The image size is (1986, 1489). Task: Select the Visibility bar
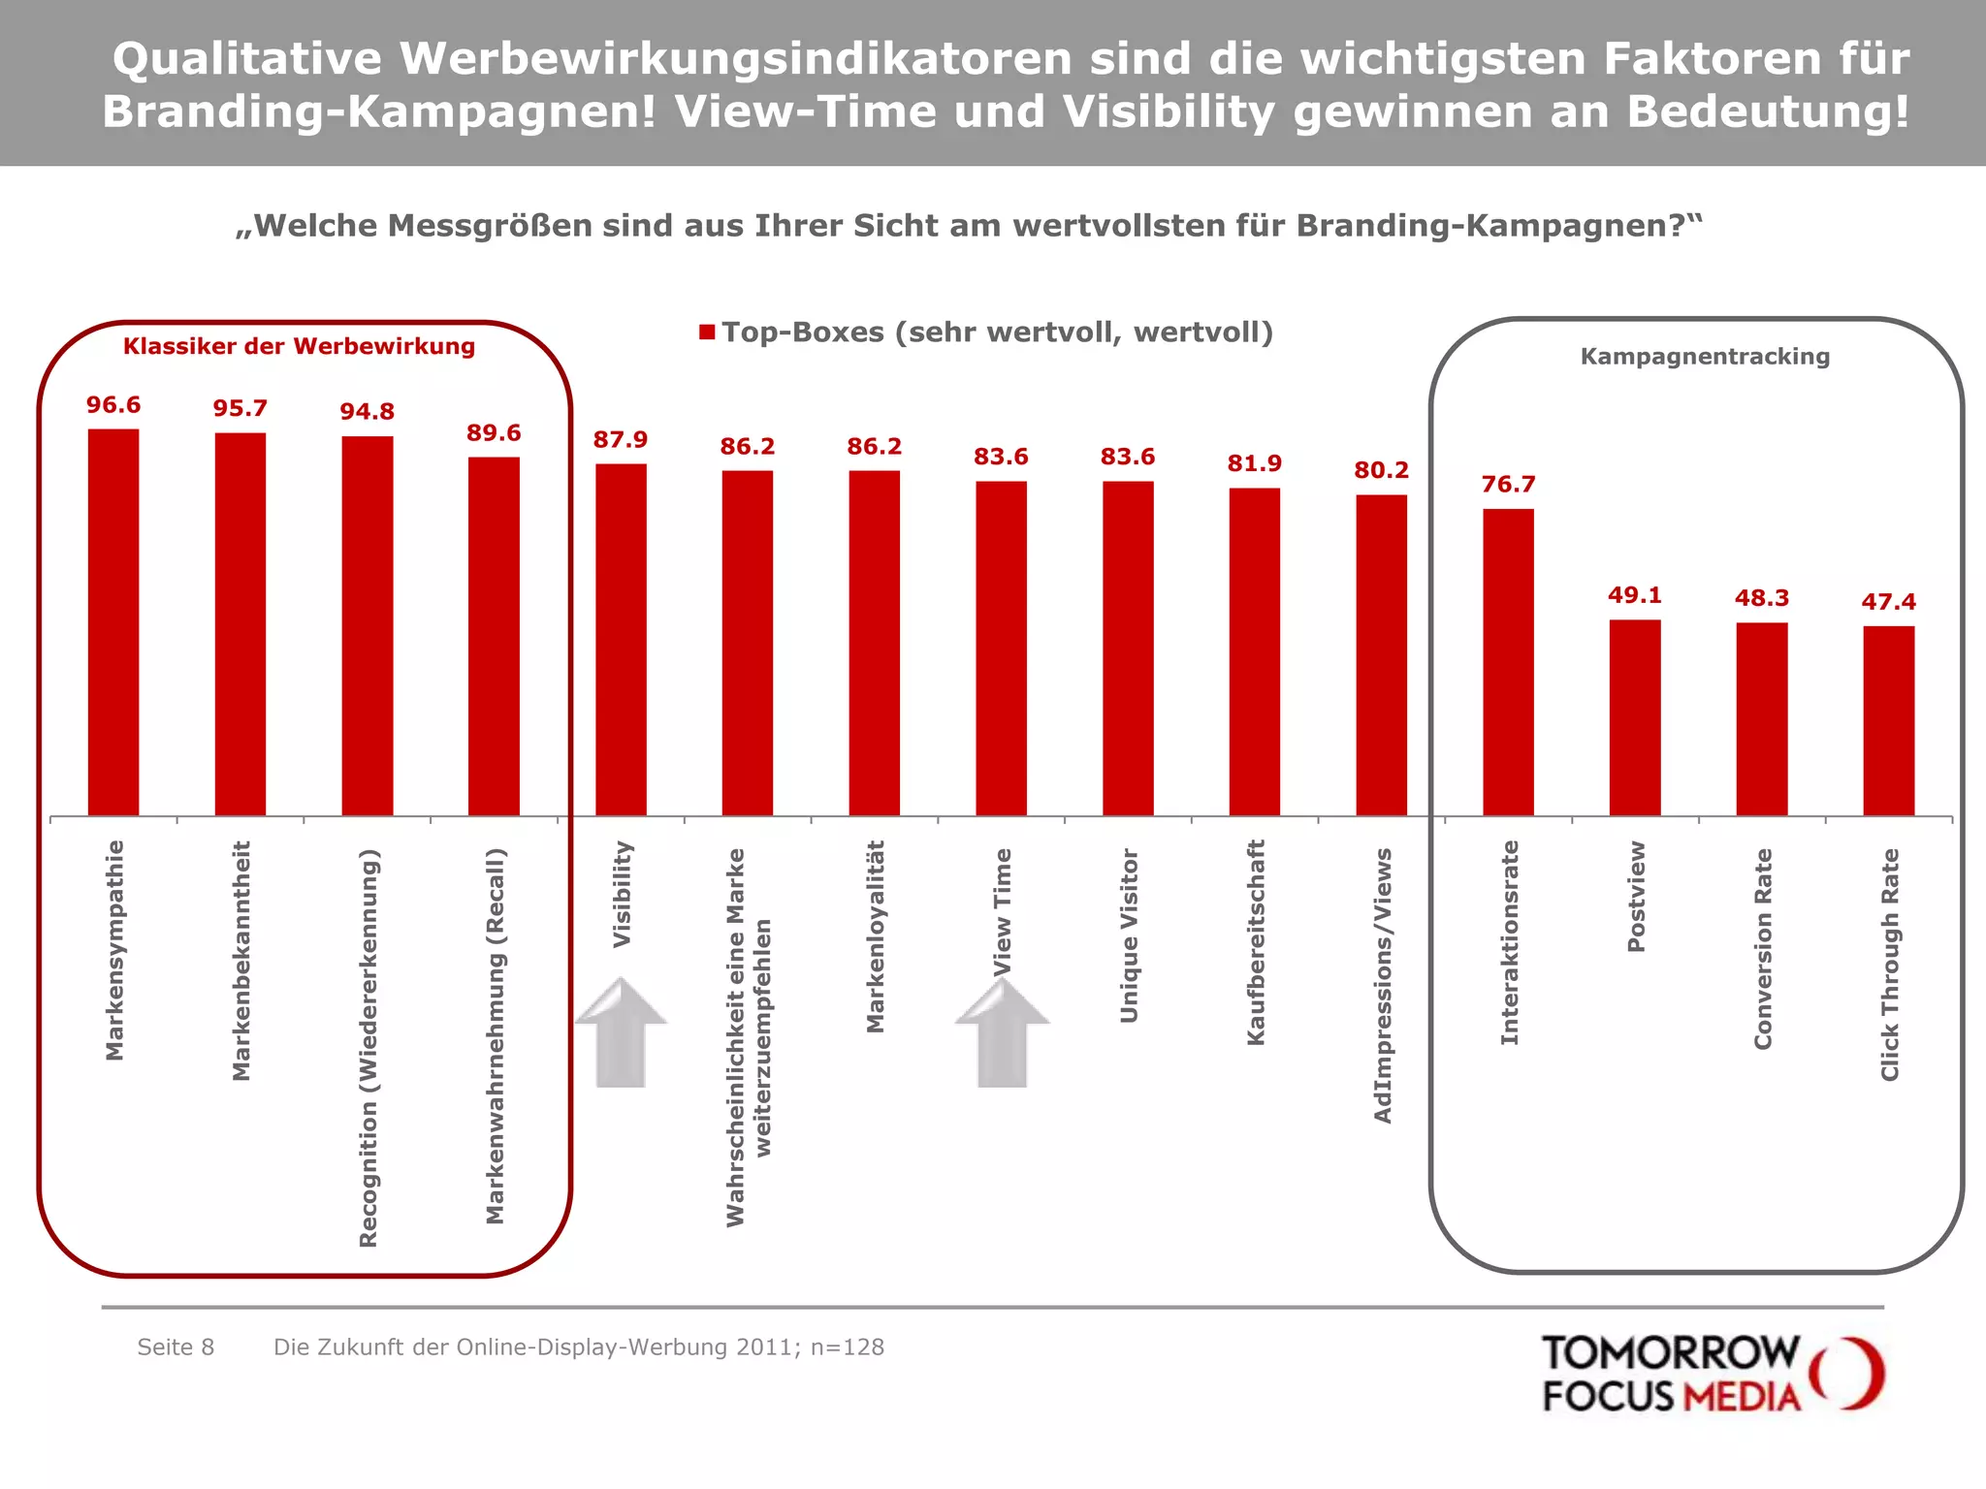621,640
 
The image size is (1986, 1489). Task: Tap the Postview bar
1635,717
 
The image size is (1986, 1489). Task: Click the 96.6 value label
113,405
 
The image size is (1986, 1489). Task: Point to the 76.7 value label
1508,485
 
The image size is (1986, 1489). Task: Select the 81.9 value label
1254,463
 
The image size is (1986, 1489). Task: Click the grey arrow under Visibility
621,1033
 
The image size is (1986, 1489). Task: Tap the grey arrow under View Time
1002,1033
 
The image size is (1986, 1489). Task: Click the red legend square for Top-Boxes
707,333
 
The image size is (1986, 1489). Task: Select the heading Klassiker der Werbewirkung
299,346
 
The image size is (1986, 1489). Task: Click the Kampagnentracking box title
1705,357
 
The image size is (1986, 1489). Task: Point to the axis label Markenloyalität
875,935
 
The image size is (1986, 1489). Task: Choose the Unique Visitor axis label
1129,935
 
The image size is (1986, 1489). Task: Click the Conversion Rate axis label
1762,948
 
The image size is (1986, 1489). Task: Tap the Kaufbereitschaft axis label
1255,942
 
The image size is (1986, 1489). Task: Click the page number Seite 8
176,1347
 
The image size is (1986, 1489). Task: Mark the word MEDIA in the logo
1741,1397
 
